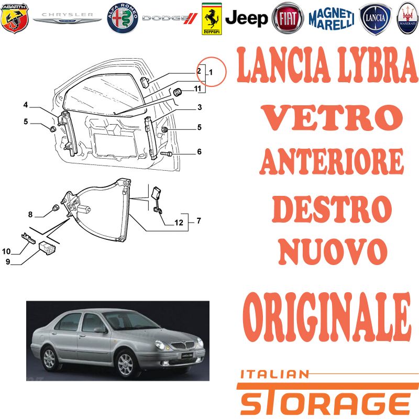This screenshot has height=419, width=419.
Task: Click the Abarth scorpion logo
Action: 15,18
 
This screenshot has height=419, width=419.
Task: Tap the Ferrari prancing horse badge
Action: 212,19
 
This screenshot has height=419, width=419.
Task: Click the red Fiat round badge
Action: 288,18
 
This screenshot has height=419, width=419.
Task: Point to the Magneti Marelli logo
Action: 332,18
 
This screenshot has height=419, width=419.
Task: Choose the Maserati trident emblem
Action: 407,18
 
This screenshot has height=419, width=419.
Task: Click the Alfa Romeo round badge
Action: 123,18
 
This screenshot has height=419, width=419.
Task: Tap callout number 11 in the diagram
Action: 197,89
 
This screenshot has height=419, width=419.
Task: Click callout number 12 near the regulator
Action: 179,222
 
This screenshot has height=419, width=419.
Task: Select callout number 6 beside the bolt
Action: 199,151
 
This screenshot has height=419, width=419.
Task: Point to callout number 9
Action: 8,261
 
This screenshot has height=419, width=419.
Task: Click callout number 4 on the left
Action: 25,105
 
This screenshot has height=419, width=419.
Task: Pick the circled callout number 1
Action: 211,72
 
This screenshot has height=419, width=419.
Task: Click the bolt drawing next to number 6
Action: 167,154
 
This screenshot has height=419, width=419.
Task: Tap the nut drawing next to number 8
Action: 55,207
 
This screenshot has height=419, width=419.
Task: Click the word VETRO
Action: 332,117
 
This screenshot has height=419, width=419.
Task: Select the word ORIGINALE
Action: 326,317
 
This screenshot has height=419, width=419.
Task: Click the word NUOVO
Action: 333,251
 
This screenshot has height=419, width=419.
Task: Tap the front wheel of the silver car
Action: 125,364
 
